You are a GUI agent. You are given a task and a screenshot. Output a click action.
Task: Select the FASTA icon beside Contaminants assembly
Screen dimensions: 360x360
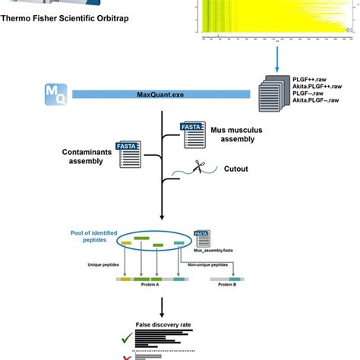point(128,154)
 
